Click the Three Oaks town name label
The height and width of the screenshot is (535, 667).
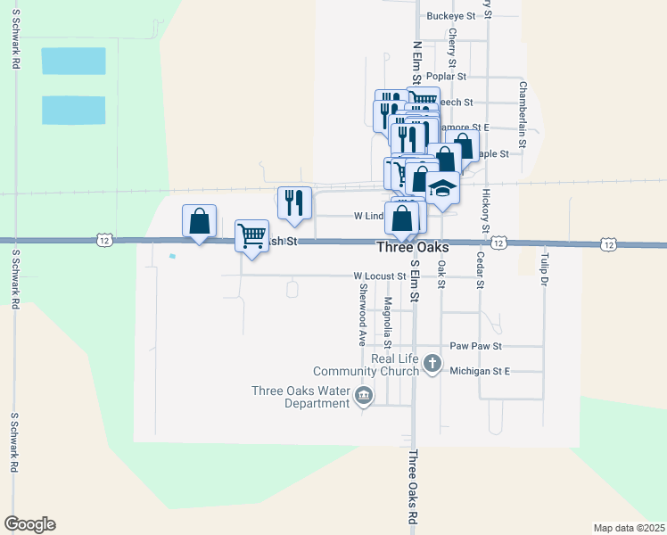click(x=413, y=247)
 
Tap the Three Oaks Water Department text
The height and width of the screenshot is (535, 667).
click(x=301, y=397)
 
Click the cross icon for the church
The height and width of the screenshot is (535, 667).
click(x=432, y=363)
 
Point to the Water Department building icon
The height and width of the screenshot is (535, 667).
click(x=364, y=396)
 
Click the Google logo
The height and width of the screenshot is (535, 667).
click(x=29, y=524)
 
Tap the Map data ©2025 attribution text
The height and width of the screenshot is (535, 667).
click(x=630, y=527)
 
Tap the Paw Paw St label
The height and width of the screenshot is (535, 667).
click(x=476, y=345)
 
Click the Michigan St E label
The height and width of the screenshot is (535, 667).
click(x=479, y=370)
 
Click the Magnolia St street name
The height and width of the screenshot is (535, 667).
click(x=387, y=323)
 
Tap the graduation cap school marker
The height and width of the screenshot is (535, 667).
click(x=441, y=189)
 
